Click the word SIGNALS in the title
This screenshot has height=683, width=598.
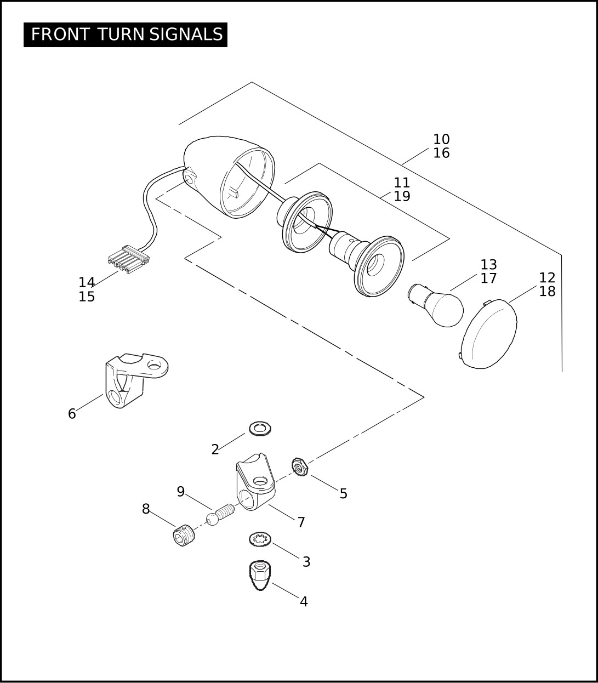click(x=186, y=35)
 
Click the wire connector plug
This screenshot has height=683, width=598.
click(x=129, y=259)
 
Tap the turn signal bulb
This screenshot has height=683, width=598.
click(x=436, y=305)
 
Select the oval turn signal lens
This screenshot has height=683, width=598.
click(x=489, y=334)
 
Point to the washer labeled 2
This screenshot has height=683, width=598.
click(x=260, y=429)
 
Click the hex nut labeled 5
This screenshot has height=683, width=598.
click(x=300, y=466)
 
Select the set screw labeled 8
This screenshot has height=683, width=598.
click(x=184, y=536)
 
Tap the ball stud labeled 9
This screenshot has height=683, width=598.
click(x=220, y=514)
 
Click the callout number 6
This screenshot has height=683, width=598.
click(x=72, y=414)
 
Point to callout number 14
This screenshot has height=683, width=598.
click(x=87, y=283)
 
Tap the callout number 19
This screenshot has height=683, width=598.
click(x=402, y=196)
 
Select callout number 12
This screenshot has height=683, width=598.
click(x=547, y=277)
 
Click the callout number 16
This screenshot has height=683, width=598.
click(x=441, y=153)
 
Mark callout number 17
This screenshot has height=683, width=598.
click(x=489, y=278)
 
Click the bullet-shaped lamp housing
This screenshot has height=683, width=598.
click(x=229, y=177)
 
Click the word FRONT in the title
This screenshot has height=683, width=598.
click(x=60, y=35)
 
